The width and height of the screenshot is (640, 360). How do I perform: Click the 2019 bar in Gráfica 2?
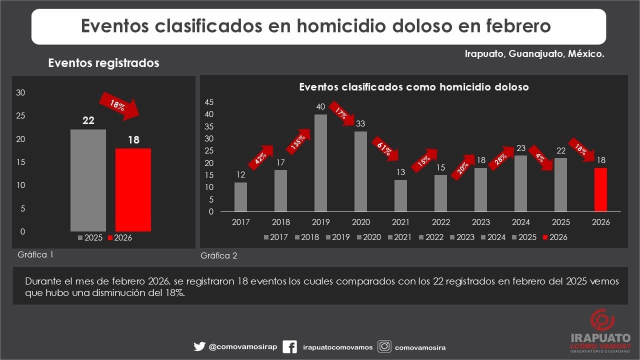pos(320,163)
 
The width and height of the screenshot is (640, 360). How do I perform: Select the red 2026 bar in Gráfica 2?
pos(600,189)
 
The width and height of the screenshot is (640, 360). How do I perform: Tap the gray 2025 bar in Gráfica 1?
pos(88,180)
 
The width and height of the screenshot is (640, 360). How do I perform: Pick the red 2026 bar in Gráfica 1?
pos(133,189)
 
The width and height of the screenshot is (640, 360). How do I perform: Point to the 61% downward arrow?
pos(385,148)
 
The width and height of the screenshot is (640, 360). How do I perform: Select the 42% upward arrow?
pos(260,158)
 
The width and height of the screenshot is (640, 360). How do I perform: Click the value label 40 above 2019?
pos(320,106)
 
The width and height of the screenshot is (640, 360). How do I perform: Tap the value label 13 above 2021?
pos(400,172)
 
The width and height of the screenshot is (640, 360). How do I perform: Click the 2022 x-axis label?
pos(440,222)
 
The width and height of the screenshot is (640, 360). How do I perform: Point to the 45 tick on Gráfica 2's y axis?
pos(209,102)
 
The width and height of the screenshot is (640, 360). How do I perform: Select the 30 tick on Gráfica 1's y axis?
pos(20,92)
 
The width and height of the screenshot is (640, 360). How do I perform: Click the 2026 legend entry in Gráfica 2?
pos(555,237)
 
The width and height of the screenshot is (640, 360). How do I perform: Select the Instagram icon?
pos(384,346)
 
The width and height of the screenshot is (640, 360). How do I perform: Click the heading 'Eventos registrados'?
pos(103,63)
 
